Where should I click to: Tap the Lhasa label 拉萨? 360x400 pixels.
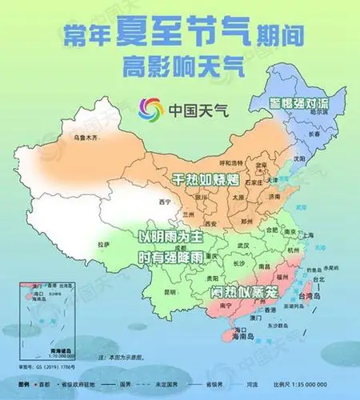pyautogui.click(x=103, y=243)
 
